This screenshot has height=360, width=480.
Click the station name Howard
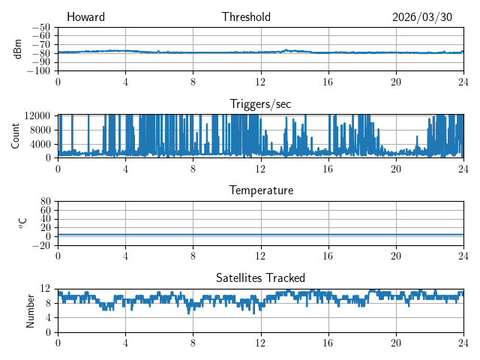click(85, 16)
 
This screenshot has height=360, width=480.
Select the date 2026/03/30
click(422, 17)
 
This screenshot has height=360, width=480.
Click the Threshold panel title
click(246, 16)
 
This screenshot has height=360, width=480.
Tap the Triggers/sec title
click(260, 104)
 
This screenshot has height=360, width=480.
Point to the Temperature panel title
click(261, 190)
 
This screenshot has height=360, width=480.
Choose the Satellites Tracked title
click(260, 278)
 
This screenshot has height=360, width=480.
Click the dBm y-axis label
click(17, 49)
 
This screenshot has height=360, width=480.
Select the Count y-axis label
click(15, 136)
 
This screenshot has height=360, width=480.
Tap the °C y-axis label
click(22, 223)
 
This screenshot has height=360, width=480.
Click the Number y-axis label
click(30, 311)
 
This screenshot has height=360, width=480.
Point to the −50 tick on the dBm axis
click(41, 28)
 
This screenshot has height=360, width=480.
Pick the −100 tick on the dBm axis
click(38, 71)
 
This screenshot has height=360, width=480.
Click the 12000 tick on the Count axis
click(37, 115)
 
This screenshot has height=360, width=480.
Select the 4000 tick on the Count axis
click(40, 144)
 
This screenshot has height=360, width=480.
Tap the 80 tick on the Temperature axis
click(45, 202)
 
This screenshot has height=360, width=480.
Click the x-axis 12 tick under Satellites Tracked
click(260, 343)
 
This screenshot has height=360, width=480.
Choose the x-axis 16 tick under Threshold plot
click(328, 82)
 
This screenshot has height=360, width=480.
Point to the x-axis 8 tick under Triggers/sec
click(193, 169)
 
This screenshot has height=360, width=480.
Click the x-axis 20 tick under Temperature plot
click(396, 256)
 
